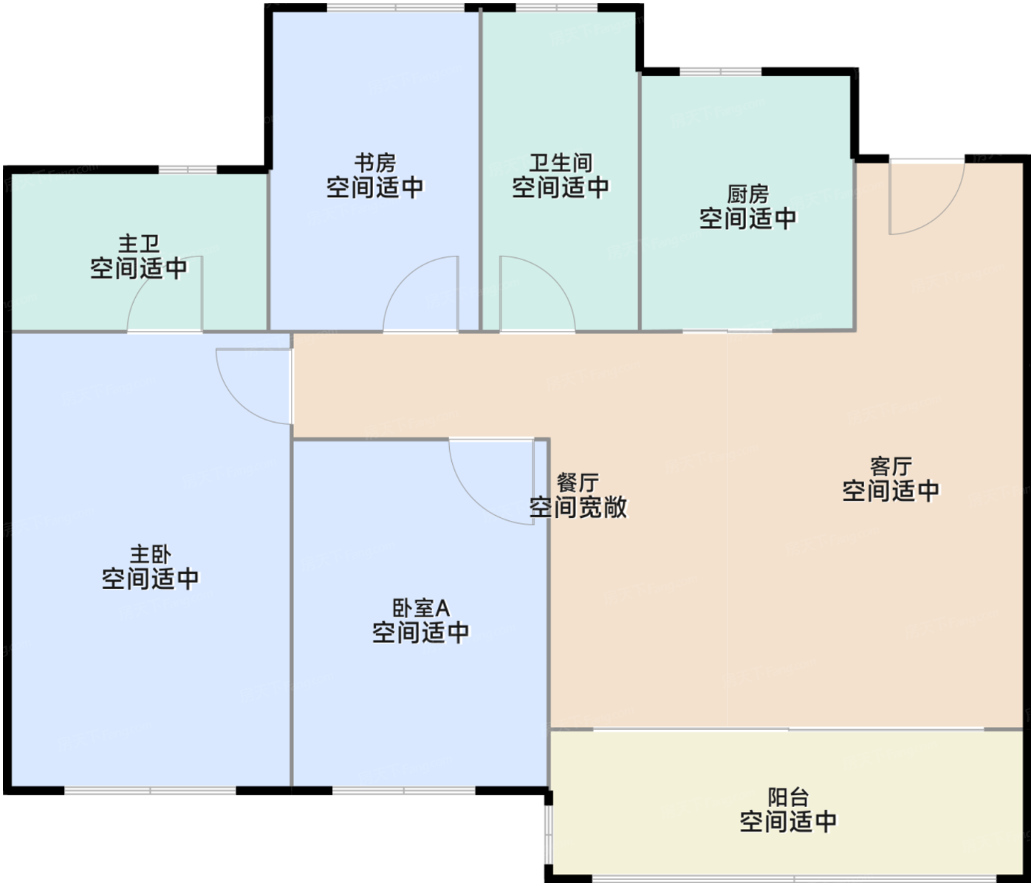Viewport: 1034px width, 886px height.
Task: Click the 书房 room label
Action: click(x=375, y=163)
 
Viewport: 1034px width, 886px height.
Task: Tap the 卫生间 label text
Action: click(x=561, y=163)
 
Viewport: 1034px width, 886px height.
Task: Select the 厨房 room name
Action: click(x=747, y=194)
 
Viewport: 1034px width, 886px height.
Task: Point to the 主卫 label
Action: click(x=139, y=245)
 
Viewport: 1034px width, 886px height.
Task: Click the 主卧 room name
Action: click(x=151, y=555)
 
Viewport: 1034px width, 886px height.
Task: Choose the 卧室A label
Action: click(x=421, y=608)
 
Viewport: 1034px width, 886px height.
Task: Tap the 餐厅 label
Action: click(x=578, y=483)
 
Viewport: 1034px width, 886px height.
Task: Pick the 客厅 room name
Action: click(x=891, y=466)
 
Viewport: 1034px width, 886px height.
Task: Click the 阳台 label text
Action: click(x=788, y=797)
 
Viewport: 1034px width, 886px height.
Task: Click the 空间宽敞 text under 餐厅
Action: click(x=578, y=508)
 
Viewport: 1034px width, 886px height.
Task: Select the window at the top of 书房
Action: click(x=395, y=7)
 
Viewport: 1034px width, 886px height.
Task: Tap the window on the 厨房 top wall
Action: click(x=720, y=72)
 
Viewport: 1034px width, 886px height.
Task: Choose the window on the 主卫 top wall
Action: click(x=188, y=170)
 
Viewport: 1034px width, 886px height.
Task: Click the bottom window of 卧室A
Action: click(x=404, y=791)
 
